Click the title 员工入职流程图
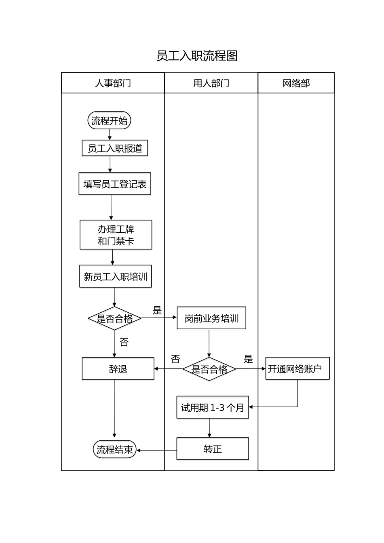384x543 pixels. point(197,56)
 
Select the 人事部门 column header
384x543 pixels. point(113,83)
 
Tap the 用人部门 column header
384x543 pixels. point(211,83)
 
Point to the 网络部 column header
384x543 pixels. point(296,83)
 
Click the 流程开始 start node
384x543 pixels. point(109,121)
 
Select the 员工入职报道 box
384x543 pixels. point(115,148)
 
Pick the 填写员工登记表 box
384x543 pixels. point(115,184)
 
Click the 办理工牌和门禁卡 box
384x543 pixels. point(116,235)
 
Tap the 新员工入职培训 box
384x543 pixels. point(115,277)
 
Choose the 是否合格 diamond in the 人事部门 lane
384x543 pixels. point(114,318)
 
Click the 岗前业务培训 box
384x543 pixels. point(211,318)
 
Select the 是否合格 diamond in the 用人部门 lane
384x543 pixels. point(209,369)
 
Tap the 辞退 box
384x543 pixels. point(118,369)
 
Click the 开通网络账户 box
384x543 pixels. point(297,368)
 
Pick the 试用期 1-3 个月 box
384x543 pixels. point(213,408)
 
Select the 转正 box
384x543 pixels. point(213,449)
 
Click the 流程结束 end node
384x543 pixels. point(115,450)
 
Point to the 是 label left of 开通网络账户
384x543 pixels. point(248,359)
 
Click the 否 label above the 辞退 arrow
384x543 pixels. point(175,359)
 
